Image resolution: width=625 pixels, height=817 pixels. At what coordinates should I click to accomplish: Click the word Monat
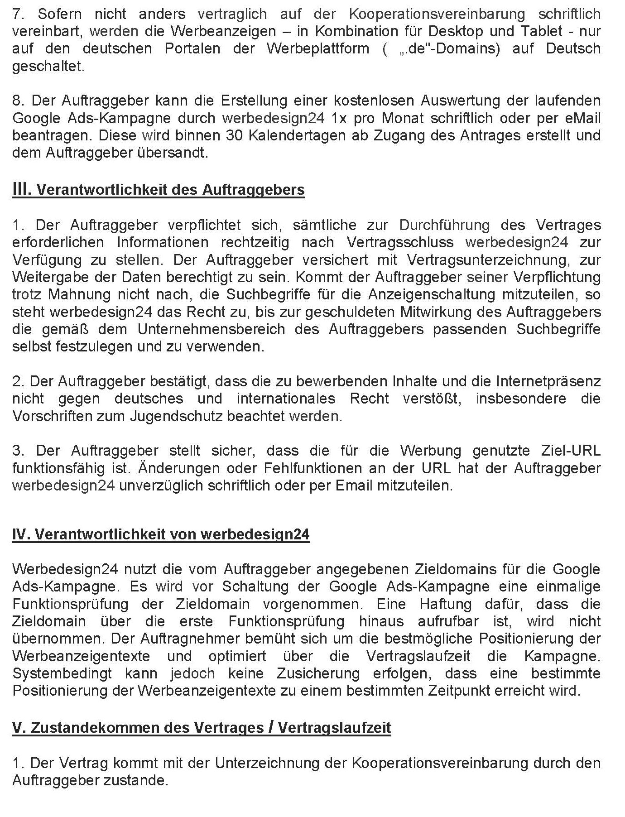click(x=399, y=118)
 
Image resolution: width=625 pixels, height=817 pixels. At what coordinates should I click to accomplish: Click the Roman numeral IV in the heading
click(x=21, y=534)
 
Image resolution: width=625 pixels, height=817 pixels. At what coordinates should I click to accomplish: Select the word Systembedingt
click(x=62, y=673)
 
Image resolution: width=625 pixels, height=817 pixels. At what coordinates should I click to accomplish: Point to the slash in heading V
click(x=270, y=727)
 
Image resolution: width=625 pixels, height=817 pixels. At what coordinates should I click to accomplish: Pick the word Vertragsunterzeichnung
click(x=489, y=260)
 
